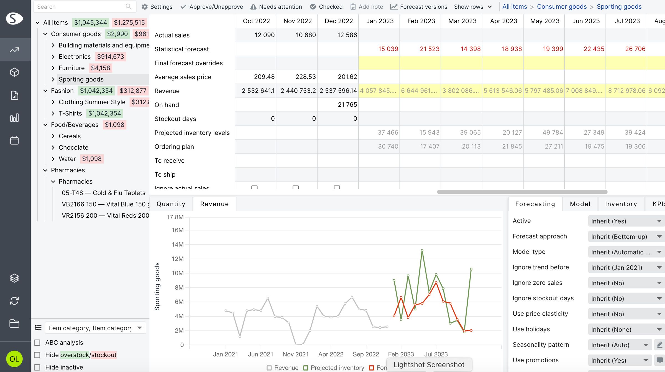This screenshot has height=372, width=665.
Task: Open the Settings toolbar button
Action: (157, 7)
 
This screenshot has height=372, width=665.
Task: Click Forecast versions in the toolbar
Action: (419, 7)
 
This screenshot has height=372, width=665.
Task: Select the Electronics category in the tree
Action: (75, 57)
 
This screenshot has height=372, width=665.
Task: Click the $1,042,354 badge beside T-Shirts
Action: (104, 113)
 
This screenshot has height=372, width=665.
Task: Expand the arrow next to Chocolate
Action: (53, 147)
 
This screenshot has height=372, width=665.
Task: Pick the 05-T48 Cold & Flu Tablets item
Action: (103, 193)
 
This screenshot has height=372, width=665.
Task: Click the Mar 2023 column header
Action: (462, 21)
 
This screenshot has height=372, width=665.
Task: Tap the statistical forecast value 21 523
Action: (429, 49)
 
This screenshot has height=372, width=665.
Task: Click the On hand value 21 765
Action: (347, 105)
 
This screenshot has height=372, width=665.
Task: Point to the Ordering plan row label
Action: (174, 147)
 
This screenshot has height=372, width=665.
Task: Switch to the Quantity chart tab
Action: (171, 204)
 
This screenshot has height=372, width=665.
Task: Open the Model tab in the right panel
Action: (580, 204)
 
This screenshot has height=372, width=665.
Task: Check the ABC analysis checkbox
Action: (37, 343)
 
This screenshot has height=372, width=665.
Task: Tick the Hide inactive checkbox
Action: (37, 367)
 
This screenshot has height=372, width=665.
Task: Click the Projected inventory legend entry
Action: (337, 368)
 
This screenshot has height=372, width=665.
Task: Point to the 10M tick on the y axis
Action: (178, 273)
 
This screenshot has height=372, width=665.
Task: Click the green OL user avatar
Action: (14, 359)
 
